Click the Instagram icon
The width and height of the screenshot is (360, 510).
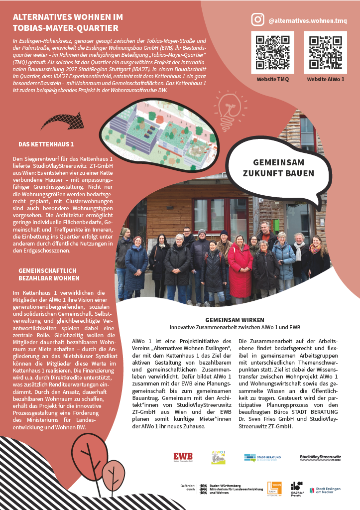point(257,19)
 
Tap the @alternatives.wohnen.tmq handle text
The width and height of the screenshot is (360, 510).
point(307,21)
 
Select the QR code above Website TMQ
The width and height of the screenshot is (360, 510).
point(272,52)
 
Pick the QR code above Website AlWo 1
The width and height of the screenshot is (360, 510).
point(325,52)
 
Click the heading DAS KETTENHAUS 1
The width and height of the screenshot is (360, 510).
point(46,144)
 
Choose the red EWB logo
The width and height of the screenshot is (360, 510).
point(183,457)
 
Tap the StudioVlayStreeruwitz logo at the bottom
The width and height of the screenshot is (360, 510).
point(320,458)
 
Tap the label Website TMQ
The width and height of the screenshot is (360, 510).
point(272,79)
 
